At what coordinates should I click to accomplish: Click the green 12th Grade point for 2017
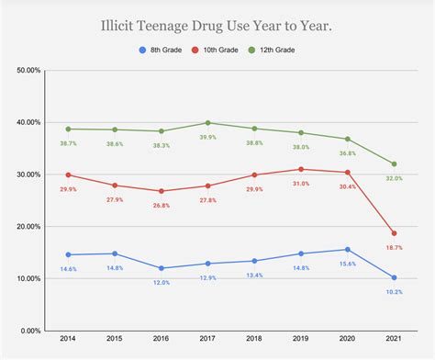click(x=207, y=123)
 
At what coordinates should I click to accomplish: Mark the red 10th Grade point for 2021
click(x=394, y=233)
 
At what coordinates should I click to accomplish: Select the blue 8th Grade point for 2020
click(x=347, y=250)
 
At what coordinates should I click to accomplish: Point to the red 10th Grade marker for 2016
click(x=162, y=191)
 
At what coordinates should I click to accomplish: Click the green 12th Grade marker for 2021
click(x=394, y=164)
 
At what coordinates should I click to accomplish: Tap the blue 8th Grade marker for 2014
click(x=69, y=254)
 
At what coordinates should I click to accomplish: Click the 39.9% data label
click(x=207, y=138)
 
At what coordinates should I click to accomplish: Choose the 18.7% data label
click(x=394, y=248)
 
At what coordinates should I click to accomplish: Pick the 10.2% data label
click(x=394, y=292)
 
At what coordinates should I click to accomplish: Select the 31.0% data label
click(x=300, y=184)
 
